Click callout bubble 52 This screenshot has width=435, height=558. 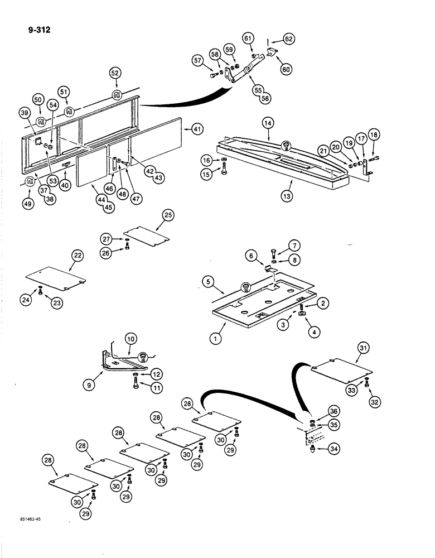(x=115, y=73)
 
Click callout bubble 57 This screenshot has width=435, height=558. (x=198, y=60)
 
